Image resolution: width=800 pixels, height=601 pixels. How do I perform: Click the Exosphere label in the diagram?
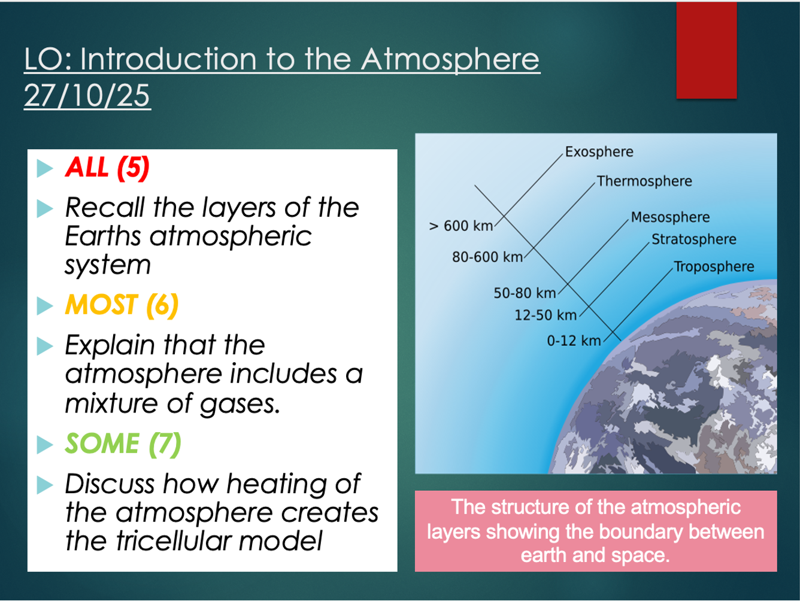(x=599, y=152)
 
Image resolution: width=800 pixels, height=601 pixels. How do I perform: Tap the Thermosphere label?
(x=644, y=181)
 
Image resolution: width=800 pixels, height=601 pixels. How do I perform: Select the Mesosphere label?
(x=670, y=217)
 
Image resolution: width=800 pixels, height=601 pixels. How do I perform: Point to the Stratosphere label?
(x=694, y=239)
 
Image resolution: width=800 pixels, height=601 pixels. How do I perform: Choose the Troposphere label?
(x=714, y=266)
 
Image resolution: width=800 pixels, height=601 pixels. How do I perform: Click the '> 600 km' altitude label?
(x=461, y=226)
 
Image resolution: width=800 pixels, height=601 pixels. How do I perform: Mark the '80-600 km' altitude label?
(x=487, y=257)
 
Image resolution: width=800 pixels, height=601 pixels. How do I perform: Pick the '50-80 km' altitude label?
(x=525, y=293)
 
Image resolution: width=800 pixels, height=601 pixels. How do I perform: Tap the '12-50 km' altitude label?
(x=546, y=315)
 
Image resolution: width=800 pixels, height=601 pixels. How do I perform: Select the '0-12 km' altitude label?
(x=574, y=341)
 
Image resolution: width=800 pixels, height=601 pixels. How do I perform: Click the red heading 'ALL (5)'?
(x=107, y=168)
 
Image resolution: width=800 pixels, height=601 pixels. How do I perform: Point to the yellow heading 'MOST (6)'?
(x=122, y=305)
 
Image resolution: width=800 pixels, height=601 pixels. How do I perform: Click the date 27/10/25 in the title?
(x=87, y=95)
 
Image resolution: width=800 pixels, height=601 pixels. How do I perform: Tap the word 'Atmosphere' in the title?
(x=450, y=60)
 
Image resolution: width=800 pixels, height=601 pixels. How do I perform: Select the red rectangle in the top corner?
(x=707, y=50)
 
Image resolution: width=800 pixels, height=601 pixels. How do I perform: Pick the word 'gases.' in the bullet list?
(x=240, y=404)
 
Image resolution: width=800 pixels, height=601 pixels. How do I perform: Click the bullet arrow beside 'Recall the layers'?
(x=45, y=209)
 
